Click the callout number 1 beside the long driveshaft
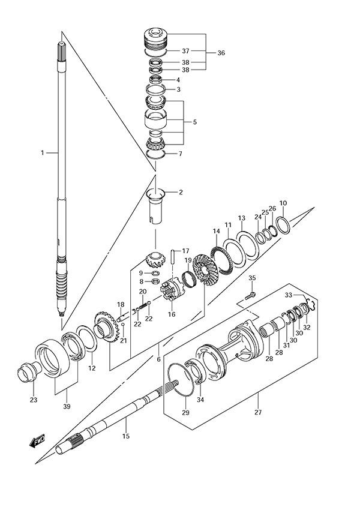(43, 153)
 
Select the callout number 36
(221, 53)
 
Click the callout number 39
(67, 406)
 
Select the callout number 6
(158, 360)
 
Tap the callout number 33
(289, 295)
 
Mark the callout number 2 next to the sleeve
(180, 192)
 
